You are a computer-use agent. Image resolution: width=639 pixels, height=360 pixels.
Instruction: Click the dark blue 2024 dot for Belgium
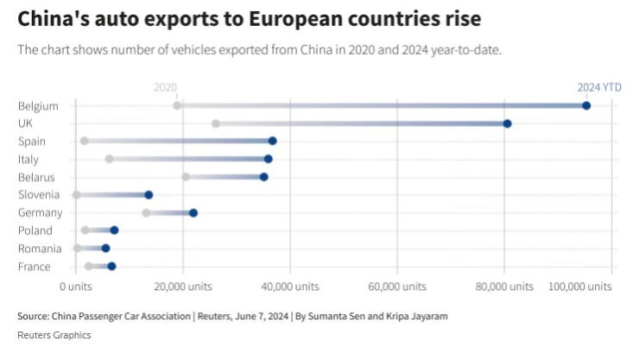(x=586, y=105)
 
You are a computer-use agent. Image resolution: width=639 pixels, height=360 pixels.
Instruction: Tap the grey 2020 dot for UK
(x=215, y=123)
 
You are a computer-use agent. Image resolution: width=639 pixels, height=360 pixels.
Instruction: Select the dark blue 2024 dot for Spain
(x=273, y=141)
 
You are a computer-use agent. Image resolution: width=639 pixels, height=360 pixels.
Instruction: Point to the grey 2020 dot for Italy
(x=109, y=159)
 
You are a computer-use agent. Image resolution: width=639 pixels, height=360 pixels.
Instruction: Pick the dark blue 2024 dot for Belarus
(x=264, y=177)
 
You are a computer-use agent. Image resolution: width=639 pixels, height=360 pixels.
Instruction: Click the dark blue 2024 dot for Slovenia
(x=149, y=195)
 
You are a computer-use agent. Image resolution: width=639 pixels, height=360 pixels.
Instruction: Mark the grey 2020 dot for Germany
(x=146, y=212)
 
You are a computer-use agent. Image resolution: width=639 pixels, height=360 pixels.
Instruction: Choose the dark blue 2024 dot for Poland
(x=114, y=231)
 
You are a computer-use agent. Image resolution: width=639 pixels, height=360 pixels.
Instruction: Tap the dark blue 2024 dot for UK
(x=508, y=123)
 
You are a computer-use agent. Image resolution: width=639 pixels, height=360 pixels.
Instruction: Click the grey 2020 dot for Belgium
(x=177, y=105)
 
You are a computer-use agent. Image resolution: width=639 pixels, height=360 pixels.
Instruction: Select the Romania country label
(x=38, y=249)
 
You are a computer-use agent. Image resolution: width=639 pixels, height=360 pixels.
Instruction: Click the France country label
(x=34, y=267)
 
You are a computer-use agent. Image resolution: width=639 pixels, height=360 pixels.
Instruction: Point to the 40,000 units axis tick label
(x=289, y=286)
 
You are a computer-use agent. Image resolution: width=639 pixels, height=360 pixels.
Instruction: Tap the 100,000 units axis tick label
(x=576, y=286)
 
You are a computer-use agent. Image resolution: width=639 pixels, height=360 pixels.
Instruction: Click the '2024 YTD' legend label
(x=599, y=87)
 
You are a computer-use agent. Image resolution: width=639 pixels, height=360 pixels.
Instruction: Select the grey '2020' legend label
(x=165, y=87)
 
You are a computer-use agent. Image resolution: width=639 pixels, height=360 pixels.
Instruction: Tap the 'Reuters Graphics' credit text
(x=54, y=335)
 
